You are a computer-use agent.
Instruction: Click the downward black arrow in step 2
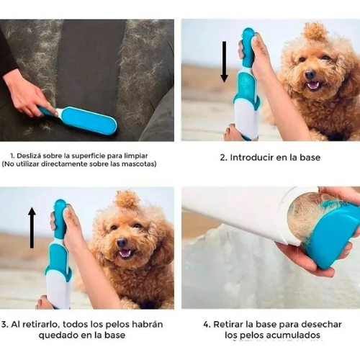[x=224, y=62]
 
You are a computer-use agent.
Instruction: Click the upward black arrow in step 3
[x=32, y=228]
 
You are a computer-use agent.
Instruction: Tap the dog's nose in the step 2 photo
[x=310, y=73]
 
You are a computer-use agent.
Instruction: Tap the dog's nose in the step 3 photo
[x=122, y=243]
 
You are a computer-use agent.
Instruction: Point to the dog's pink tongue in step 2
[x=313, y=86]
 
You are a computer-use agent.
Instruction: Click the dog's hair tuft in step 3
[x=127, y=199]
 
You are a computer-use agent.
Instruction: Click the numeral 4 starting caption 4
[x=206, y=325]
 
